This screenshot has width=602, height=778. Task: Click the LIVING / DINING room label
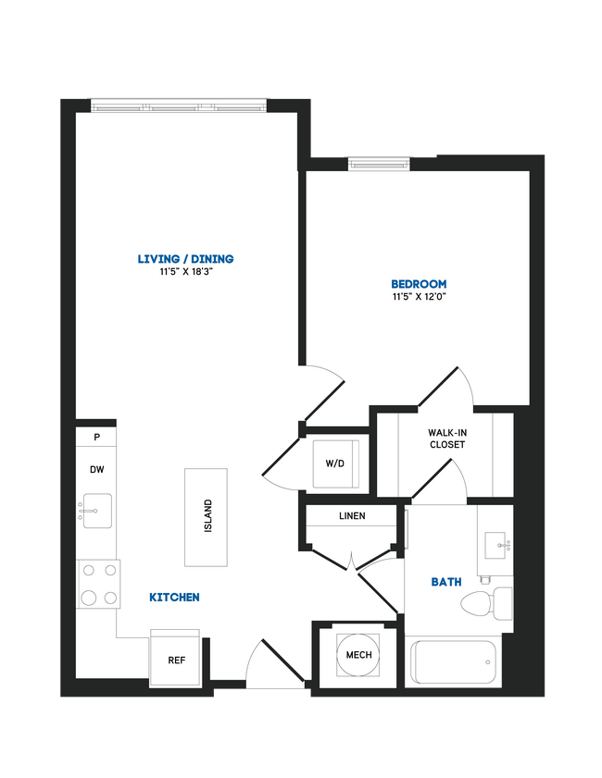click(x=185, y=259)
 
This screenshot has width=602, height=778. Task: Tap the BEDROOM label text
click(x=419, y=284)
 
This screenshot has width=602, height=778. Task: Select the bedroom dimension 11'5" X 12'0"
click(x=419, y=298)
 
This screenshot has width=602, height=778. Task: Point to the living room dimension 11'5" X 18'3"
click(x=185, y=273)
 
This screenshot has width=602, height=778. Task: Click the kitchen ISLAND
click(x=207, y=517)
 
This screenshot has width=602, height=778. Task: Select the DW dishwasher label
click(x=96, y=470)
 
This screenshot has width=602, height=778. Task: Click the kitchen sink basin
click(x=96, y=510)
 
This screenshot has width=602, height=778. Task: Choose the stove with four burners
click(x=98, y=585)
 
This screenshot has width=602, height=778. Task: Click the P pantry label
click(x=96, y=437)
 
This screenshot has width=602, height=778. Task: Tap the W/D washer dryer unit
click(x=334, y=463)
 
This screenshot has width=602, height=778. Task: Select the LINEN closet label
click(x=351, y=516)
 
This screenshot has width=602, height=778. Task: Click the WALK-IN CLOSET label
click(x=446, y=438)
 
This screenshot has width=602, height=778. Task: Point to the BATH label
click(x=445, y=582)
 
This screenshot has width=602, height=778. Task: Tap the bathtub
click(x=454, y=662)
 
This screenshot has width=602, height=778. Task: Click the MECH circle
click(x=358, y=655)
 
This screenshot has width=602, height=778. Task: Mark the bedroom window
click(x=378, y=164)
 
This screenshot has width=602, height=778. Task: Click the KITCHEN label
click(x=174, y=598)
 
